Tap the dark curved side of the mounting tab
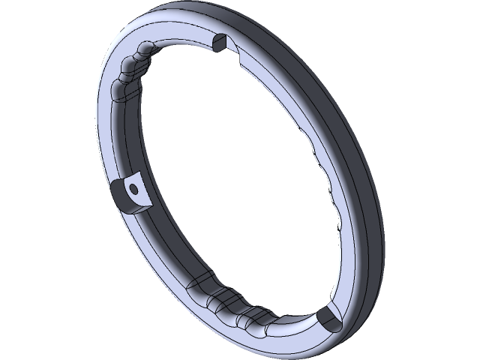point(119,196)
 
